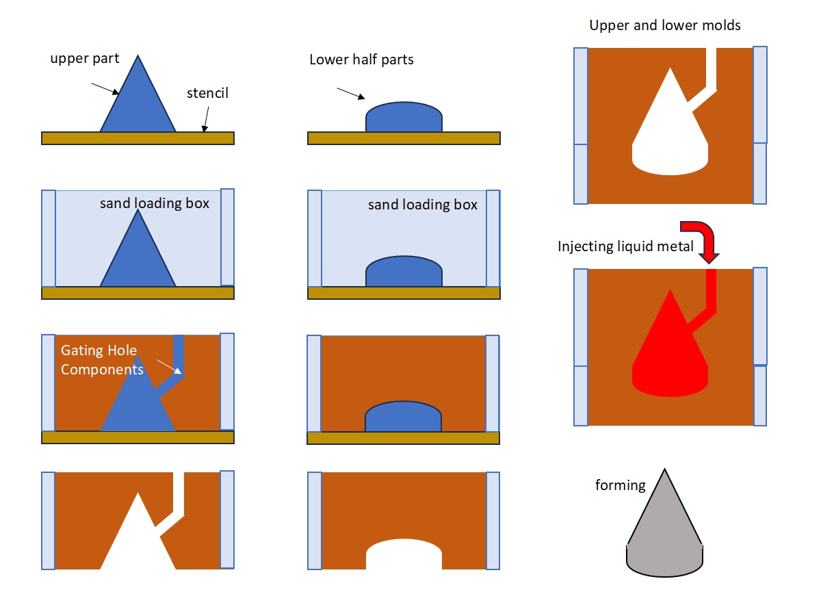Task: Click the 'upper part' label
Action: (x=85, y=58)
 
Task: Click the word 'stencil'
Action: (x=207, y=93)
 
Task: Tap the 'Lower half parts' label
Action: (x=361, y=60)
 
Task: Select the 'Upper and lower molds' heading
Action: (x=664, y=26)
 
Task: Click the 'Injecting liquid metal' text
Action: (x=625, y=246)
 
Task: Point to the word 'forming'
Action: (x=620, y=485)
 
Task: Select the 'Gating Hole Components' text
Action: (x=103, y=360)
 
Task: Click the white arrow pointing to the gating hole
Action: (x=169, y=367)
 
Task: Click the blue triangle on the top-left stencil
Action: (x=138, y=103)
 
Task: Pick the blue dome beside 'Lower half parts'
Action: (x=404, y=117)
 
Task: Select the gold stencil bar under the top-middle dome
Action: (x=404, y=138)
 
